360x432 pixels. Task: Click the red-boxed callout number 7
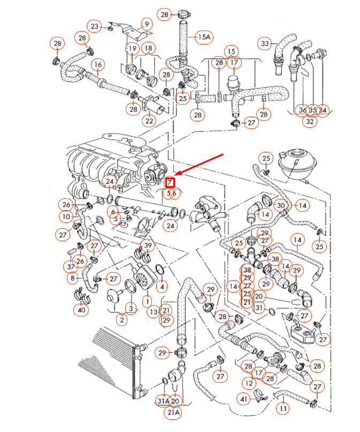[x=171, y=183]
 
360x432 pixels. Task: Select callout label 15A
[x=204, y=37]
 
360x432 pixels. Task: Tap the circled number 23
[x=95, y=26]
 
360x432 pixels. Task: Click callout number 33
[x=265, y=43]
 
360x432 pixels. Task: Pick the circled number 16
[x=97, y=65]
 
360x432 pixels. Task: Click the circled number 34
[x=323, y=110]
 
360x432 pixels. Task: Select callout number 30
[x=280, y=205]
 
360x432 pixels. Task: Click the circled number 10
[x=66, y=217]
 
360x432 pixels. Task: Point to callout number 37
[x=71, y=266]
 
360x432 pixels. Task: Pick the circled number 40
[x=81, y=310]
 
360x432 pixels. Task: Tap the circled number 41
[x=244, y=398]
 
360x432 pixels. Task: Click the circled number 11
[x=283, y=409]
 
